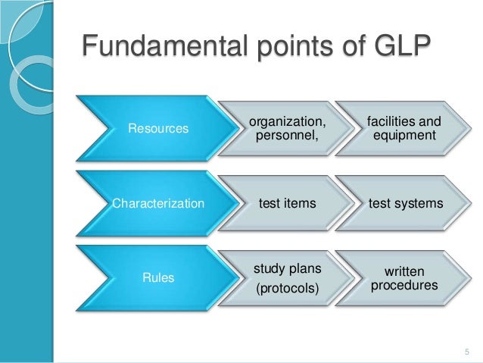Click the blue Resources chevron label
coord(158,129)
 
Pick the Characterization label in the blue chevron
coord(158,203)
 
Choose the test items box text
coord(288,203)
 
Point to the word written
coord(404,271)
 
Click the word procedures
coord(404,286)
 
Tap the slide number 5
coord(466,350)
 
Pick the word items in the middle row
coord(300,203)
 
